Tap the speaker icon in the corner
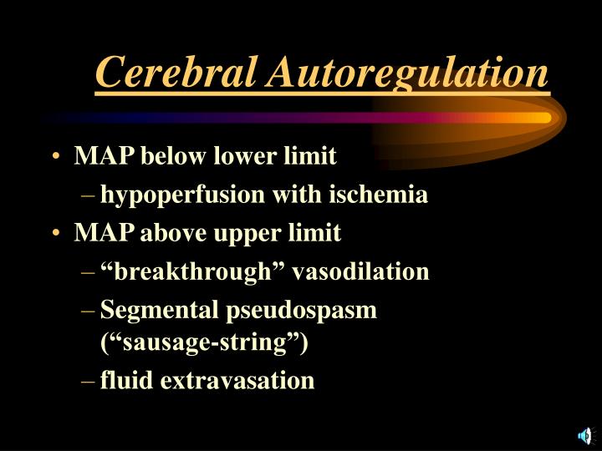[x=584, y=434]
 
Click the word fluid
[x=126, y=381]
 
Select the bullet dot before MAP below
[x=54, y=157]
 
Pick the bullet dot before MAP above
[x=54, y=234]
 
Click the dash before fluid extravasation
[x=89, y=382]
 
